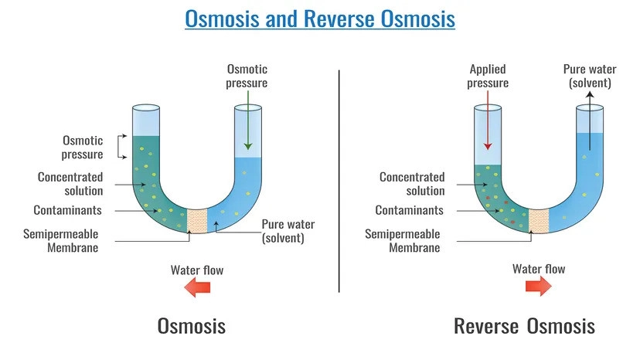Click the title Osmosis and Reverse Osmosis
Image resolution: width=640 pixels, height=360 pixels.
click(x=319, y=18)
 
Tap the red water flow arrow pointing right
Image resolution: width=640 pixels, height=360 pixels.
click(x=539, y=287)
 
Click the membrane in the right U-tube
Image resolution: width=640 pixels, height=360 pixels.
click(x=539, y=220)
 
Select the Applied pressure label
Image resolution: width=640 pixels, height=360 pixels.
click(x=488, y=76)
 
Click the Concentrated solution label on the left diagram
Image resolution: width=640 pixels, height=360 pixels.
click(x=70, y=184)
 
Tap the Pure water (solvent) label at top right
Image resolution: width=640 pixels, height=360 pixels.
click(x=589, y=76)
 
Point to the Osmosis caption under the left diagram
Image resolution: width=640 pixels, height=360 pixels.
click(x=192, y=325)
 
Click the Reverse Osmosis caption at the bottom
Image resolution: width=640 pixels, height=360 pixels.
click(x=524, y=325)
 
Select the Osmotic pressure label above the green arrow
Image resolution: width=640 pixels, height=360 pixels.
click(x=247, y=76)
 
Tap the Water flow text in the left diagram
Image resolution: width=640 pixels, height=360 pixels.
click(x=197, y=270)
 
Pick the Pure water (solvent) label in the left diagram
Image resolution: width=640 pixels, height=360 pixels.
click(x=283, y=231)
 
